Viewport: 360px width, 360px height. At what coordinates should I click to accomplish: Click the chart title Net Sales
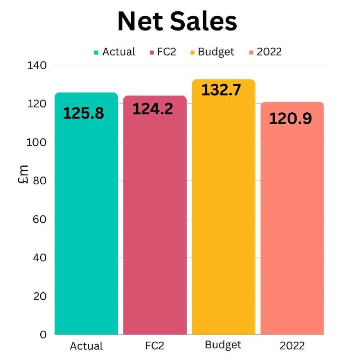(x=177, y=22)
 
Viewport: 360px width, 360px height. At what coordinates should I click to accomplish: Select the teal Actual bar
(x=86, y=219)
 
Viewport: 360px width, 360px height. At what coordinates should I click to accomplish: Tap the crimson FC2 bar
(x=155, y=219)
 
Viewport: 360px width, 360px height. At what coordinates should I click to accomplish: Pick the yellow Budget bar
(x=223, y=219)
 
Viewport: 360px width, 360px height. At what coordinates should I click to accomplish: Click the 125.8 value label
(x=83, y=113)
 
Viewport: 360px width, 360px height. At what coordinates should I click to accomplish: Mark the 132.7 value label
(x=221, y=90)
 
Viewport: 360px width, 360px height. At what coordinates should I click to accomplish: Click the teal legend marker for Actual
(x=96, y=52)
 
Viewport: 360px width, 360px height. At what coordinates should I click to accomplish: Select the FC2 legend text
(x=166, y=52)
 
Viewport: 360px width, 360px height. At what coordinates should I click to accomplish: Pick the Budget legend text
(x=216, y=52)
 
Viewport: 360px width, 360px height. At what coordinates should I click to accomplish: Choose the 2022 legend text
(x=269, y=52)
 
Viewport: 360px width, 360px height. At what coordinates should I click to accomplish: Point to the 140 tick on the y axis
(x=37, y=65)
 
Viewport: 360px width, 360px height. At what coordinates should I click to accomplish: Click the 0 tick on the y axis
(x=43, y=335)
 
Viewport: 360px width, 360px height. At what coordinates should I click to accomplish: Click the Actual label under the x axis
(x=86, y=346)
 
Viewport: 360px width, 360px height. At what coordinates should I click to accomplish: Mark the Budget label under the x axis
(x=223, y=345)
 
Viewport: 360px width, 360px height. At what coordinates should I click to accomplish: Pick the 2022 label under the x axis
(x=292, y=346)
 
